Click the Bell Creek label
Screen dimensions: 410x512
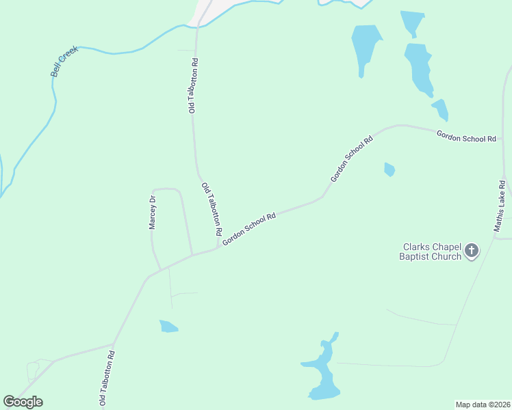click(65, 62)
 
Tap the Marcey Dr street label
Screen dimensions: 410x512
click(153, 213)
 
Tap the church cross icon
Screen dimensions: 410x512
click(471, 251)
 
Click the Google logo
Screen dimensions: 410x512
click(23, 402)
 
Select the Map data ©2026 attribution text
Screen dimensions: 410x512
click(483, 405)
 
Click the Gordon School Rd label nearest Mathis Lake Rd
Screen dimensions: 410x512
click(466, 137)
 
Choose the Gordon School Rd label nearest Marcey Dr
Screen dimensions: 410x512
click(249, 228)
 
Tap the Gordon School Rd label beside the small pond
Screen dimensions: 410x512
click(351, 159)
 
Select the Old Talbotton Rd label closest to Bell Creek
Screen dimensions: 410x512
click(194, 85)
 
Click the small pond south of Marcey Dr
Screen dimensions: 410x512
click(168, 327)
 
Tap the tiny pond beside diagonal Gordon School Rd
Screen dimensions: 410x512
click(389, 169)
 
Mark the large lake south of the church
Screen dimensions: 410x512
click(322, 372)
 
